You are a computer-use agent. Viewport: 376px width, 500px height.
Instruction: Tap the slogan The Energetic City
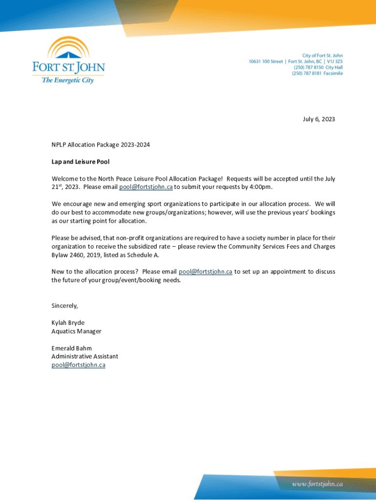click(x=67, y=80)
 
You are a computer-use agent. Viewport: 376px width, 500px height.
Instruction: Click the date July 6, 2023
click(x=318, y=119)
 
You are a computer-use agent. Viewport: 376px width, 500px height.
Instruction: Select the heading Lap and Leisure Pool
click(x=81, y=162)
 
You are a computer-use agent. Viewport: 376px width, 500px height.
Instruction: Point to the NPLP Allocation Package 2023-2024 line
click(x=101, y=145)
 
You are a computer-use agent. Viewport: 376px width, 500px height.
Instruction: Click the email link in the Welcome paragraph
click(x=146, y=187)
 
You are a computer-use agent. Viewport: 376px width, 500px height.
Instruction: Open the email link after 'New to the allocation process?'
click(x=205, y=271)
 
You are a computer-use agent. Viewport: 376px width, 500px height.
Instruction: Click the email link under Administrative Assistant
click(x=78, y=365)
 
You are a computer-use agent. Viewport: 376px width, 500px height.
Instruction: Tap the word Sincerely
click(x=64, y=306)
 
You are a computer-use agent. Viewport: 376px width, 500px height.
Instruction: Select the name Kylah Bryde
click(x=68, y=323)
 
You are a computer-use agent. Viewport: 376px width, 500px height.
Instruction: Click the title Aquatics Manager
click(x=76, y=331)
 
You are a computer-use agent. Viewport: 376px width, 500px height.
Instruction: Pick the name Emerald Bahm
click(x=71, y=348)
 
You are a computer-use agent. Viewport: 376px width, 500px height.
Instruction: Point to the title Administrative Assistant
click(x=84, y=356)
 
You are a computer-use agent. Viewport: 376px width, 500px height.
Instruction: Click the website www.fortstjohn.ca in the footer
click(x=317, y=484)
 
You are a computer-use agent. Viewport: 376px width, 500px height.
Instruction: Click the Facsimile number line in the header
click(x=317, y=73)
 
